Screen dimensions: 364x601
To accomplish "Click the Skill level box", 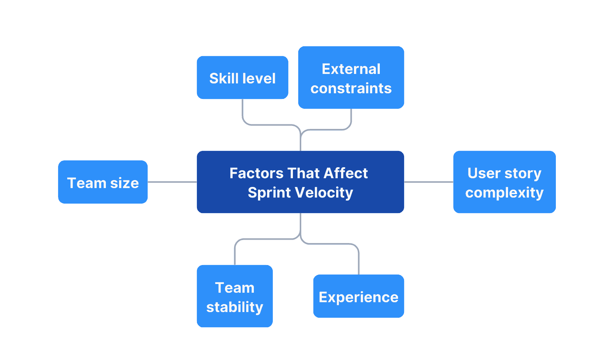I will [x=242, y=78].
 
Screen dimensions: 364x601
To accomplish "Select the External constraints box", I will [x=351, y=78].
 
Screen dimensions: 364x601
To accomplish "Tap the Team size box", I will [x=103, y=182].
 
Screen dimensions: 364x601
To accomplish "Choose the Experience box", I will [x=359, y=297].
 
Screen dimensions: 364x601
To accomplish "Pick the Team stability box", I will [x=234, y=297].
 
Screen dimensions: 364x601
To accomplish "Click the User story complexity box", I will [x=504, y=182].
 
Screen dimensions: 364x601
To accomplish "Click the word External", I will [x=351, y=69].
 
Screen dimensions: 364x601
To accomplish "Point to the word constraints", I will [x=351, y=88].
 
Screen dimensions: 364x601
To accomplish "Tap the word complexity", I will [x=504, y=193].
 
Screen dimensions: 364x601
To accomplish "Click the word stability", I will [x=234, y=307].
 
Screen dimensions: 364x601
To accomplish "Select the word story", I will [x=522, y=173].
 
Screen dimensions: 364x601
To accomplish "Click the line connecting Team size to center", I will [x=172, y=182].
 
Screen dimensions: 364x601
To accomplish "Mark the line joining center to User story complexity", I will [x=428, y=182].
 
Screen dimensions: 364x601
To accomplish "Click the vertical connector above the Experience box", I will [x=359, y=262].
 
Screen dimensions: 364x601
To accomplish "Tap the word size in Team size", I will [x=124, y=183].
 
